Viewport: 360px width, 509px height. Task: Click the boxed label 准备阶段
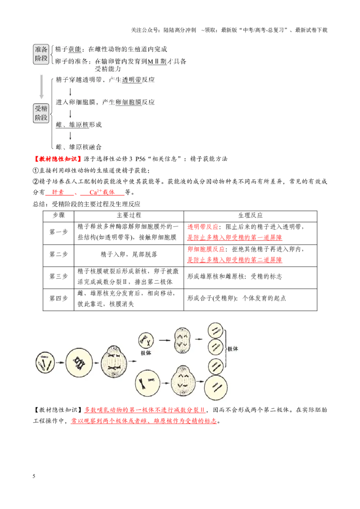tap(41, 54)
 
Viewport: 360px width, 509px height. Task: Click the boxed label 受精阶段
tap(41, 113)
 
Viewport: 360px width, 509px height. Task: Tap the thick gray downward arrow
tap(41, 87)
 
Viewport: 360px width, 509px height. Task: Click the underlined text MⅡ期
tap(157, 61)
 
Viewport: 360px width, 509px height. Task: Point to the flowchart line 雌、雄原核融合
tap(79, 147)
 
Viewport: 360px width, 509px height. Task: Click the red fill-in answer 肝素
tap(58, 192)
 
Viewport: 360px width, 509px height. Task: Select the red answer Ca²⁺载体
tap(102, 192)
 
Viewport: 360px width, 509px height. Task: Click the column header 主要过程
tap(129, 215)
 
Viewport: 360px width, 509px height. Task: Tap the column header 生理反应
tap(250, 215)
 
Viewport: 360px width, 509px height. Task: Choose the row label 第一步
tap(58, 232)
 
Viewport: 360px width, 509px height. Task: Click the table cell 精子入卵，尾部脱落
tap(129, 254)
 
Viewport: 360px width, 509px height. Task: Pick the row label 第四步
tap(58, 299)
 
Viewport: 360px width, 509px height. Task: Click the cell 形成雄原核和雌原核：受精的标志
tap(234, 277)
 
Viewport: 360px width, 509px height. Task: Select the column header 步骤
tap(58, 215)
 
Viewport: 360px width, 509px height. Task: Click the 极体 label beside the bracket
tap(233, 349)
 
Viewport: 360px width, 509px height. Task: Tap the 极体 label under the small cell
tap(146, 353)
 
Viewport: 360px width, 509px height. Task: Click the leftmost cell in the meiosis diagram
tap(45, 362)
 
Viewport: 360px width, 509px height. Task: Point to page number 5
tap(34, 476)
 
